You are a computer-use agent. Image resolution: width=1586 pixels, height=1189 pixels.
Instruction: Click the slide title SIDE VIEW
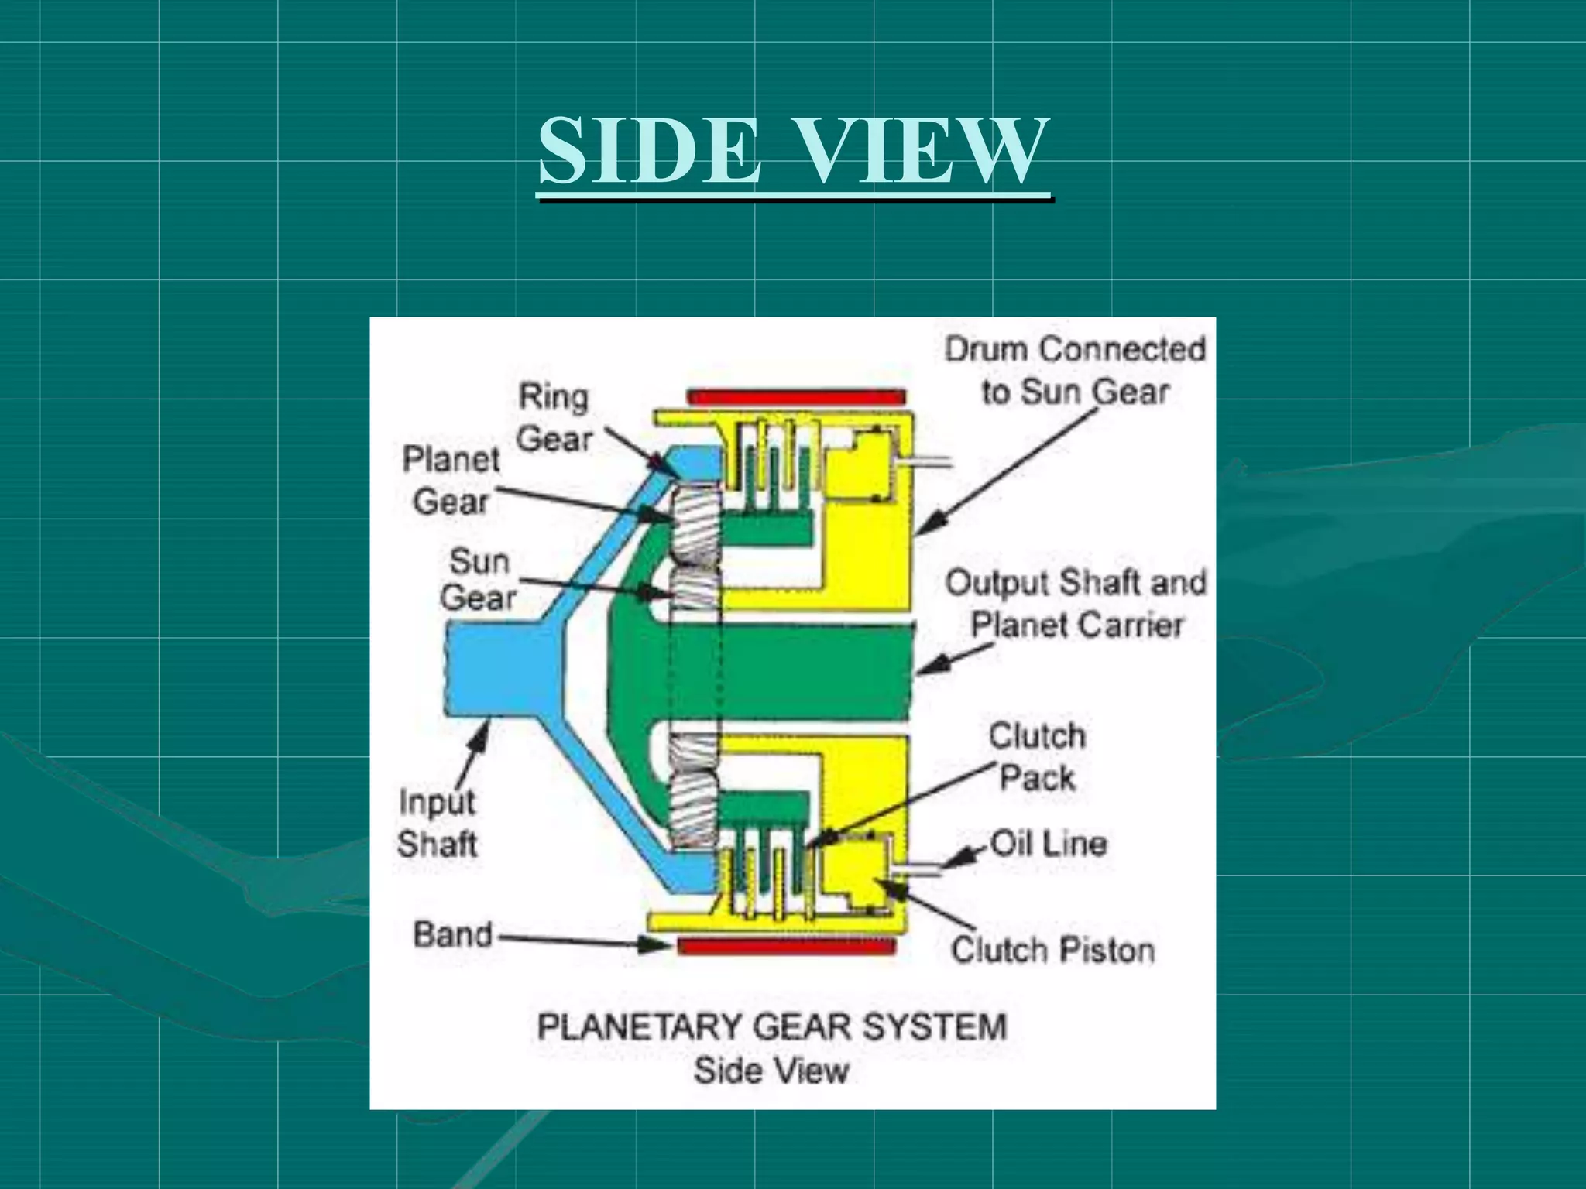(794, 151)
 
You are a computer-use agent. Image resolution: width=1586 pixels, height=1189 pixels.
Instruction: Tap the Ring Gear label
(554, 418)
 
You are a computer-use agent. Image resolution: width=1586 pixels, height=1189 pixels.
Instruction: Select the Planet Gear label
(451, 480)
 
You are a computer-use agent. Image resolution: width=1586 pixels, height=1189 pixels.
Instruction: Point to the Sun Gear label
(479, 579)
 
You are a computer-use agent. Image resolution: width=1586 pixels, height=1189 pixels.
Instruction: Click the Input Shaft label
(437, 823)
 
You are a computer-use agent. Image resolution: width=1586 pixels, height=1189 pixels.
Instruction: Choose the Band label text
(453, 934)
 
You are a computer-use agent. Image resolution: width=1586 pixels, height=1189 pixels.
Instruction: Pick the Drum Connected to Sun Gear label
(1075, 370)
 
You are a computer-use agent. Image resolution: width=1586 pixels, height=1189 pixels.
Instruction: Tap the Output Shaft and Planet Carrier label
(1076, 604)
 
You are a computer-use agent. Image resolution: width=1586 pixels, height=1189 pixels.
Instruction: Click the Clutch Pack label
(1037, 756)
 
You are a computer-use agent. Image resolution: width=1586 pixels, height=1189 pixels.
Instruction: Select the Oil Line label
(1049, 843)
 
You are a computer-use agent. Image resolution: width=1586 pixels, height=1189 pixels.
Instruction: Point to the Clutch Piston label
(1052, 950)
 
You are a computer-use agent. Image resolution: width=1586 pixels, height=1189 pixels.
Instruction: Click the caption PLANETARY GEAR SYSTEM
(772, 1027)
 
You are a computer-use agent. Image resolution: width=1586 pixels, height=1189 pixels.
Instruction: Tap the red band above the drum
(796, 398)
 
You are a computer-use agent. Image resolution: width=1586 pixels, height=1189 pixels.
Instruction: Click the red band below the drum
(786, 945)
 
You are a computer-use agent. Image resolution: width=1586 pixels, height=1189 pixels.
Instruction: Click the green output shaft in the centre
(813, 670)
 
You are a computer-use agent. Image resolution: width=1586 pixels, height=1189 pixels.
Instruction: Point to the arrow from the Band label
(581, 941)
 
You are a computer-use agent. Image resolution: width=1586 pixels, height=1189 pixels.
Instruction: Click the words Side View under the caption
(771, 1071)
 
